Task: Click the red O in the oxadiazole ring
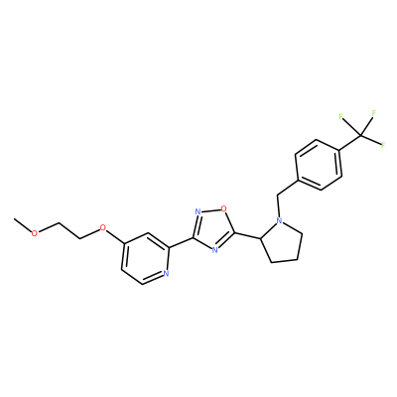click(224, 208)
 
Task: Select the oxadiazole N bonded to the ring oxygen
click(198, 211)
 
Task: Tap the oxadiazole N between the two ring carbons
click(215, 250)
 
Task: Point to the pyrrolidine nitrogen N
click(280, 220)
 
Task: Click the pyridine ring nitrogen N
click(166, 273)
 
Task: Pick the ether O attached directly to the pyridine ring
click(103, 227)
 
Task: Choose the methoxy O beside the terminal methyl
click(34, 232)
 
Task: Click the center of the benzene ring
click(319, 165)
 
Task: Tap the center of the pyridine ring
click(145, 258)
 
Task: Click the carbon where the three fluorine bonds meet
click(360, 135)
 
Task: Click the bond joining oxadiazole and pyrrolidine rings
click(248, 235)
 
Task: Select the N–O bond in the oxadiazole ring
click(211, 210)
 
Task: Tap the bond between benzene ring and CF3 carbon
click(350, 144)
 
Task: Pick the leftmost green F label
click(340, 116)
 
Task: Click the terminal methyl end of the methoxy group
click(14, 219)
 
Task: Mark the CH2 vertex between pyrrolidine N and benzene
click(277, 195)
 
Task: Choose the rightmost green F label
click(383, 145)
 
